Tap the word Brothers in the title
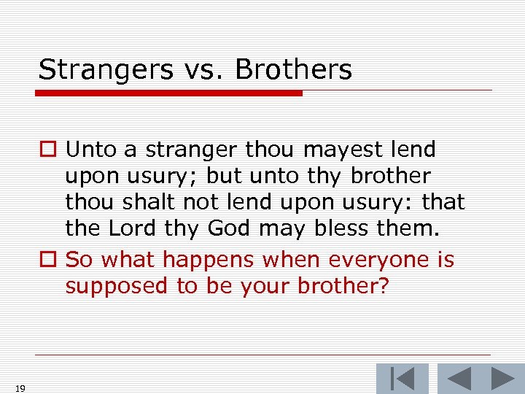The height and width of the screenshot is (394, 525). coord(293,70)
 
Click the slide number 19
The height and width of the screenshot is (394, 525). coord(20,388)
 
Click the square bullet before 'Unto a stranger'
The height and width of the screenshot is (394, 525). coord(47,150)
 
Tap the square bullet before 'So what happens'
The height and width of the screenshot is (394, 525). coord(47,260)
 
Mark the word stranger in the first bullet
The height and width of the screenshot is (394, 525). coord(191,150)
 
